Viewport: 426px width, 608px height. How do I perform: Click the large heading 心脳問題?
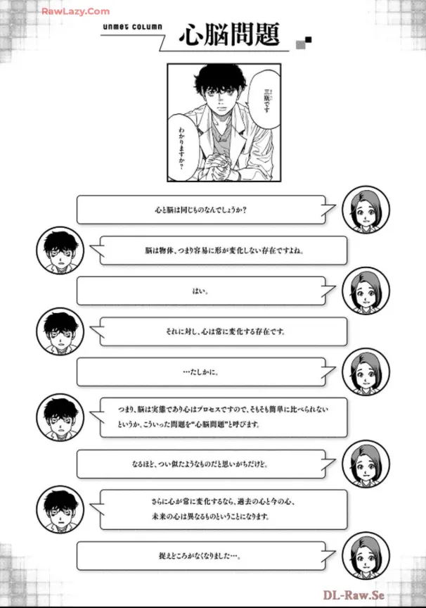[x=229, y=35]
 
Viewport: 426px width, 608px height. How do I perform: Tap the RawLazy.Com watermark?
[x=75, y=11]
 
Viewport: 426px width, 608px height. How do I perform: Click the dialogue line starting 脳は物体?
[x=224, y=250]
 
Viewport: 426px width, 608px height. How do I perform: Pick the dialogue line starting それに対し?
[x=224, y=331]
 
